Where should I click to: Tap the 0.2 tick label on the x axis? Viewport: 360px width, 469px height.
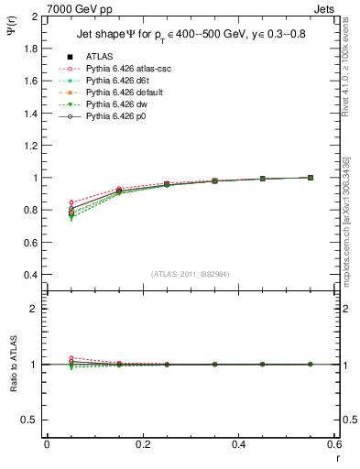142,444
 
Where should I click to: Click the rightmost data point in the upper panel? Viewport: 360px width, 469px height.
310,178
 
